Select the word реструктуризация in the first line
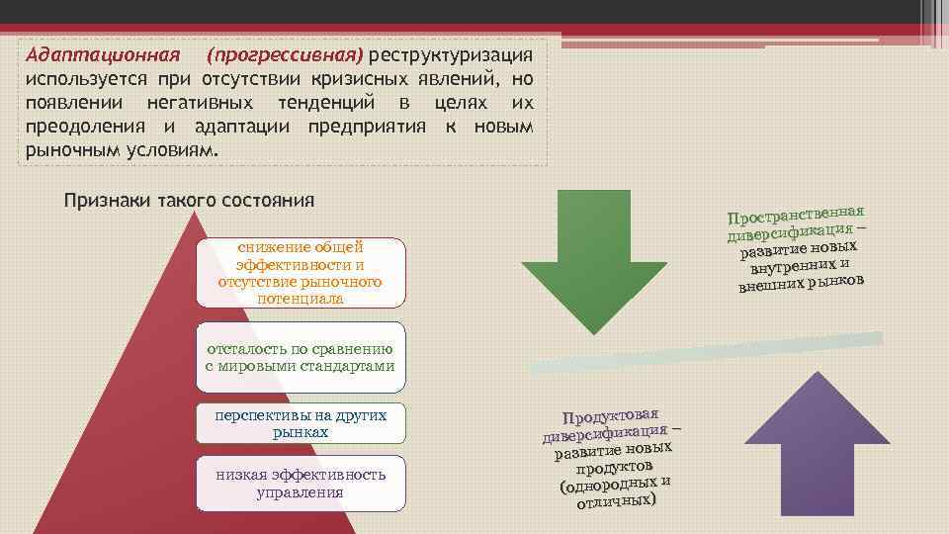[452, 52]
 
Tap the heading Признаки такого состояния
[189, 200]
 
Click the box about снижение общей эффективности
[301, 272]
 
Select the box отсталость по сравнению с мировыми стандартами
[301, 357]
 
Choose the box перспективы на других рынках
[301, 423]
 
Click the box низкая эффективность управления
[301, 483]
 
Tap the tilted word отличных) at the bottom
[616, 500]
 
